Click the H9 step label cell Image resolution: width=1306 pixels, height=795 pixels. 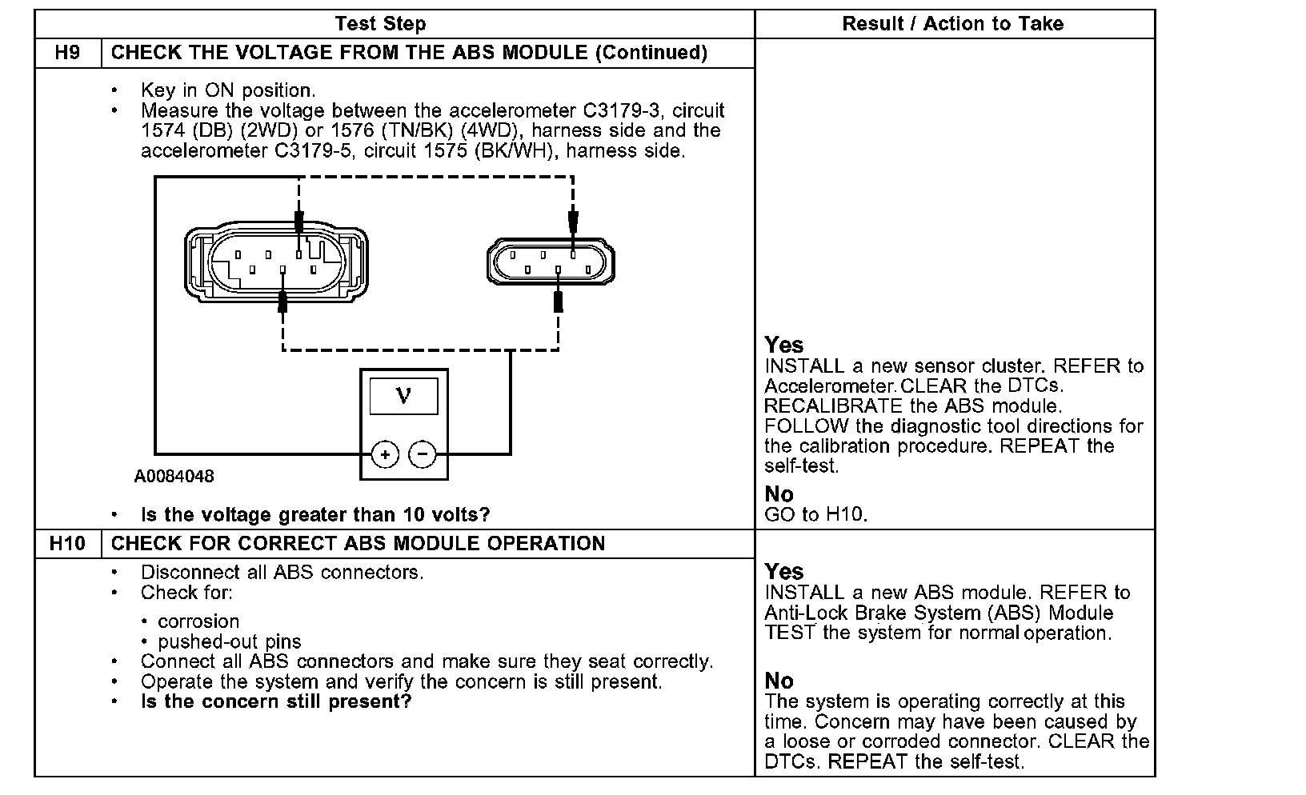click(68, 53)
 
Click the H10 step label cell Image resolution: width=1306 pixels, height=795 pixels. click(68, 544)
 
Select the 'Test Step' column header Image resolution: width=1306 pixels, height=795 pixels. click(380, 24)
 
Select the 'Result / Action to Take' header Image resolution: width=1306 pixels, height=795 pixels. click(952, 24)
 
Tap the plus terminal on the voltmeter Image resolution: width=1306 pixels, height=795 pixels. click(385, 455)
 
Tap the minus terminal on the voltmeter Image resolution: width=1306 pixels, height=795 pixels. click(423, 455)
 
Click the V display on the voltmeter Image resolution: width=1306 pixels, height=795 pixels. click(403, 395)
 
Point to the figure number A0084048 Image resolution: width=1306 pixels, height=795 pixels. click(174, 477)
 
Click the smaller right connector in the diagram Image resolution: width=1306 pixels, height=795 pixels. click(550, 262)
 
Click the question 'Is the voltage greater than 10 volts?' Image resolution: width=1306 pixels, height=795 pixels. click(315, 514)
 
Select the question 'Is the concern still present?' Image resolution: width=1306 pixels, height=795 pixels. click(276, 702)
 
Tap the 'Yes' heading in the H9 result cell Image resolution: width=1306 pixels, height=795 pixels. click(783, 345)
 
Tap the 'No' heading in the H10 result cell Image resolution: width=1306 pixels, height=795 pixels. click(779, 681)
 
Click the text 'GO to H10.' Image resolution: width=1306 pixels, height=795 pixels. click(815, 514)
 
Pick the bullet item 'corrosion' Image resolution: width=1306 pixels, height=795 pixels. click(198, 621)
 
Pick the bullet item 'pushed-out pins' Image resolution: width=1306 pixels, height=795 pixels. click(229, 641)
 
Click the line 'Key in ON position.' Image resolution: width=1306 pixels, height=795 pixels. click(228, 90)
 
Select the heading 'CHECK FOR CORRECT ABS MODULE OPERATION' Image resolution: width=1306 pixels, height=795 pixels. click(358, 544)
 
